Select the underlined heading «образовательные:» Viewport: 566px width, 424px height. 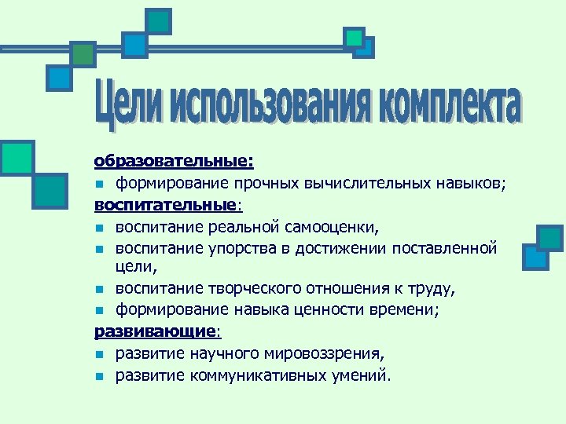point(174,162)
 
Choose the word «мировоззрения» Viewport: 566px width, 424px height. point(330,354)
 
